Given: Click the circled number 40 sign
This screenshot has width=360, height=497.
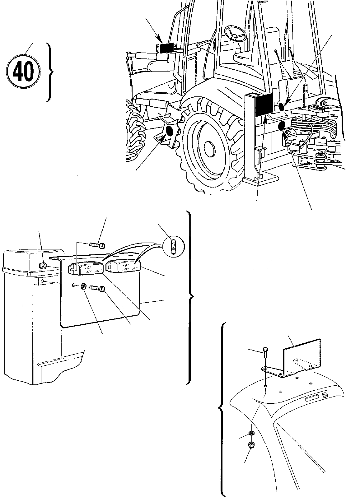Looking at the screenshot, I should (23, 72).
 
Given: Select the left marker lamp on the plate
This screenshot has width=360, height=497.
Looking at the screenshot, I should (86, 268).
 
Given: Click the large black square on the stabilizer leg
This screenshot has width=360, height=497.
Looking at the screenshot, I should (264, 105).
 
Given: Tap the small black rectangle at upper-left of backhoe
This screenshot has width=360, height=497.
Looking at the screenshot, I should (167, 48).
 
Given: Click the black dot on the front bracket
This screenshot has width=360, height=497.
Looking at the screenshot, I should (170, 132).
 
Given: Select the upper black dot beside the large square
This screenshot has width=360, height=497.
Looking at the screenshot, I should (282, 107).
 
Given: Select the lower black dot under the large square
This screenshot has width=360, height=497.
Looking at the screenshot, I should (282, 126).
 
